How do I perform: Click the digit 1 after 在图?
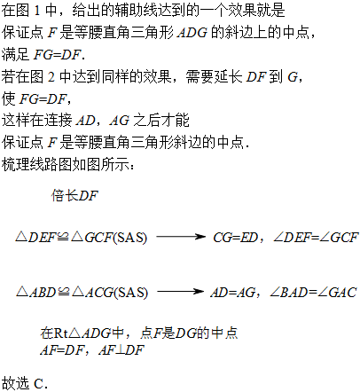click(37, 11)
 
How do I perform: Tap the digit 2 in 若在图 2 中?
click(51, 77)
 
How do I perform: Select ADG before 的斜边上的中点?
click(192, 33)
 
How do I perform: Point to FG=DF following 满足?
click(57, 55)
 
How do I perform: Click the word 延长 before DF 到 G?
click(228, 77)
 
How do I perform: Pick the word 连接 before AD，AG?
click(59, 121)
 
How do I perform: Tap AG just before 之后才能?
click(120, 121)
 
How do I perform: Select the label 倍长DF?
click(74, 196)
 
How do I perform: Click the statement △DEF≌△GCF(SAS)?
click(82, 238)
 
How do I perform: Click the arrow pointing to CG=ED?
click(181, 237)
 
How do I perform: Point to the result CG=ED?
click(236, 238)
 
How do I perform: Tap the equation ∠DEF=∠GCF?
click(316, 238)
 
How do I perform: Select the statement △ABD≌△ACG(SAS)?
click(82, 293)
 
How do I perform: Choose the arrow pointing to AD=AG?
click(180, 292)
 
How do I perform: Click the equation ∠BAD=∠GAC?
click(313, 293)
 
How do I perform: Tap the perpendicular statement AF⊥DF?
click(121, 350)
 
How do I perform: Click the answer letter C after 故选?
click(39, 384)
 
